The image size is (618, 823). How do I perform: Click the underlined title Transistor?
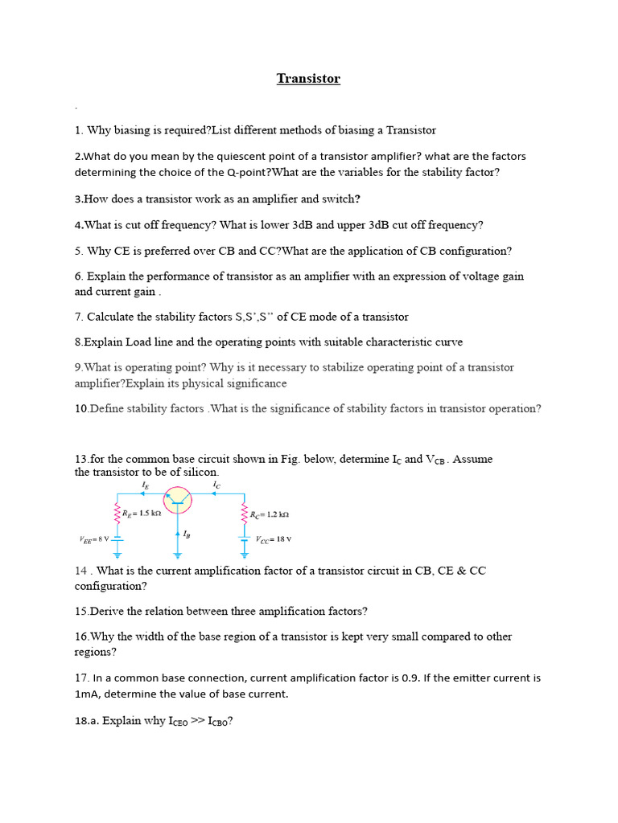coord(308,79)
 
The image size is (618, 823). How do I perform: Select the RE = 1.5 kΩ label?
coord(142,513)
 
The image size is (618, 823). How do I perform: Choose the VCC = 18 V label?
coord(274,539)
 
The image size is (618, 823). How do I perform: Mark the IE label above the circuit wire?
coord(145,485)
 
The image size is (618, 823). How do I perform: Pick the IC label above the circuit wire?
coord(216,485)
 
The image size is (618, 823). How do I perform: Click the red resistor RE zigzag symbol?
coord(117,513)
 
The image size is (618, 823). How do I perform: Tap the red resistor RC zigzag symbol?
coord(244,513)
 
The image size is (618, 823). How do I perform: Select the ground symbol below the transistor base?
coord(178,554)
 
